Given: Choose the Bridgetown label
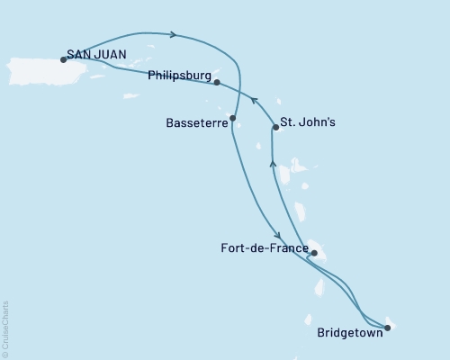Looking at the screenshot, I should [x=348, y=331].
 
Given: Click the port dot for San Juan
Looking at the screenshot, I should [x=63, y=59].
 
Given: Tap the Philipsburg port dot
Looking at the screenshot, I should [x=218, y=82].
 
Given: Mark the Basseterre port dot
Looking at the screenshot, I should [x=232, y=118].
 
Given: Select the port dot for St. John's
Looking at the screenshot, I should [x=274, y=128].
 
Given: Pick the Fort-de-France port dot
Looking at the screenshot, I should [x=314, y=253].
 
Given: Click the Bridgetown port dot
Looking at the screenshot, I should [x=387, y=328].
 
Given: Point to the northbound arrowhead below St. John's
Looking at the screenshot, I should [x=272, y=162].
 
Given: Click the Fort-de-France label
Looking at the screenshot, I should [x=258, y=245].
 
